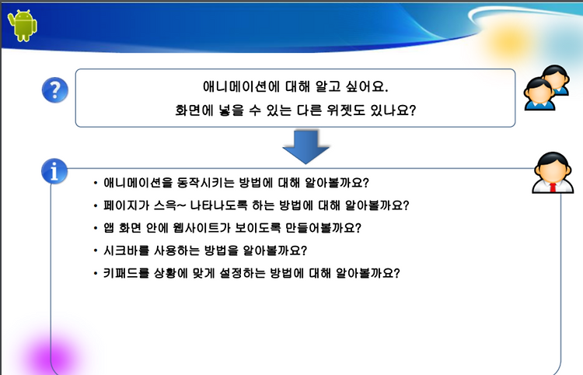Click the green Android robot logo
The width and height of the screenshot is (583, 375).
tap(23, 26)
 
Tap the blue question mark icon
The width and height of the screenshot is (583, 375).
tap(54, 90)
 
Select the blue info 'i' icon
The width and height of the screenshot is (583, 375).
tap(54, 171)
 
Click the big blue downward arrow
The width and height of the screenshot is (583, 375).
tap(305, 147)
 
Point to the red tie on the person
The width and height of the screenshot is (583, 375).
tap(553, 187)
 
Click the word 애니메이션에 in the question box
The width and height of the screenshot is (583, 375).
tap(240, 86)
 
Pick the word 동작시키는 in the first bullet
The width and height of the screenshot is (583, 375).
tap(206, 183)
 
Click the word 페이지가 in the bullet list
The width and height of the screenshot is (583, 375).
tap(126, 205)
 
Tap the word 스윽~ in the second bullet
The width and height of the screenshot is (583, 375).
tap(170, 205)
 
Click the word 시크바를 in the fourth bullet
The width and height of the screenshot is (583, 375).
tap(126, 251)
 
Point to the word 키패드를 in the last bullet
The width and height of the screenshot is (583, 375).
tap(126, 273)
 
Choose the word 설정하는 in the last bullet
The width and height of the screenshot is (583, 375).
tap(243, 273)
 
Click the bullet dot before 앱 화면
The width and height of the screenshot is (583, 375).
tap(96, 228)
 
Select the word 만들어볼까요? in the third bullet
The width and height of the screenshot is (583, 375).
tap(323, 228)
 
